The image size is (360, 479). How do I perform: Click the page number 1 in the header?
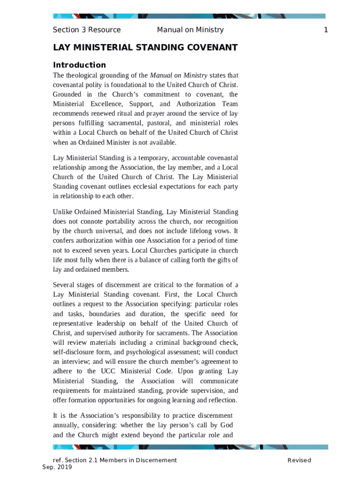[x=326, y=30]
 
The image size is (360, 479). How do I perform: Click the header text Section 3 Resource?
[x=86, y=30]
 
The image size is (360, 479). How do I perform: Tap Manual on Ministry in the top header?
[x=190, y=30]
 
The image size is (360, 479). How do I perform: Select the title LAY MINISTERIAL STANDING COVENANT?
[x=145, y=48]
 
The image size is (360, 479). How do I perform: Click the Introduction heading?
[x=79, y=65]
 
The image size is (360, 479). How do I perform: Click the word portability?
[x=121, y=221]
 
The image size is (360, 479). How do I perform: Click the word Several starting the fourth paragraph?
[x=65, y=285]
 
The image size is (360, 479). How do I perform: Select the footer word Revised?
[x=299, y=460]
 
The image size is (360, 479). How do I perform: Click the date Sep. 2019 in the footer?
[x=57, y=467]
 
